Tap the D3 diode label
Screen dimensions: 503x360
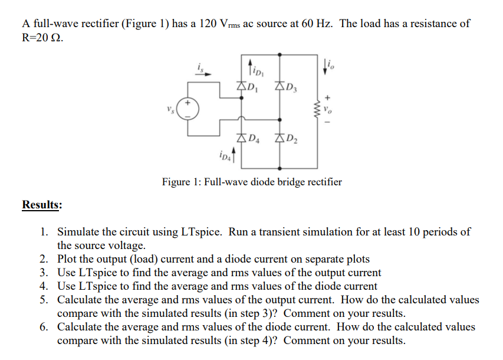click(x=290, y=90)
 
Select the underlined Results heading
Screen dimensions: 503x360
click(x=42, y=205)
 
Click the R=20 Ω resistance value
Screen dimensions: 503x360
click(x=41, y=38)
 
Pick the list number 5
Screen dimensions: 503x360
click(x=44, y=300)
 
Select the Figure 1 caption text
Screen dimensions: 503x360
click(x=252, y=182)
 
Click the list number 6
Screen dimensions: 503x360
click(x=44, y=327)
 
